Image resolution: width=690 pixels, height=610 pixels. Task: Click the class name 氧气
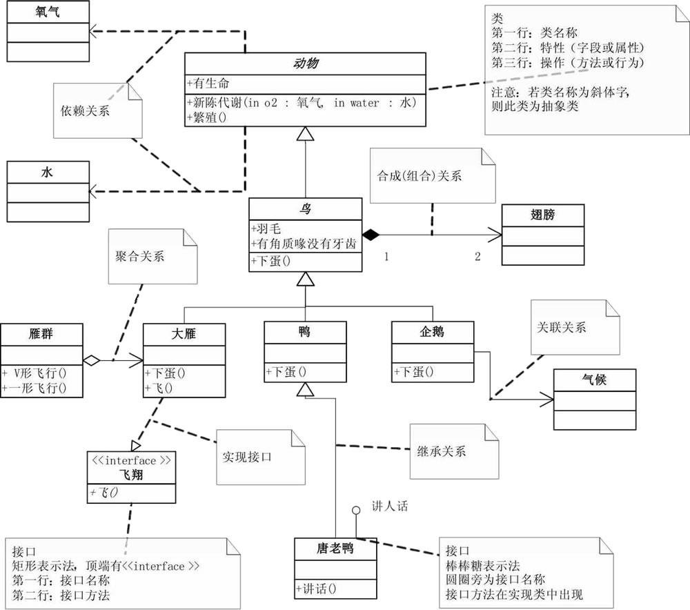pyautogui.click(x=48, y=12)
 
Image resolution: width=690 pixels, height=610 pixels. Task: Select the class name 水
pyautogui.click(x=48, y=173)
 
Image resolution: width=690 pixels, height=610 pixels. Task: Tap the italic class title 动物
pyautogui.click(x=305, y=63)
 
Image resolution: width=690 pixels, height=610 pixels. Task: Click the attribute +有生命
pyautogui.click(x=210, y=83)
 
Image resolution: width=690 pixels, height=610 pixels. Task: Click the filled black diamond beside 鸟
pyautogui.click(x=372, y=235)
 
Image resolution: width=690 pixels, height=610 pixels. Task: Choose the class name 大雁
pyautogui.click(x=184, y=333)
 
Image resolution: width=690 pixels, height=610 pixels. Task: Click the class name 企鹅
pyautogui.click(x=433, y=333)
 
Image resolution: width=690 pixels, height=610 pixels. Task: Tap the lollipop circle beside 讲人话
pyautogui.click(x=356, y=511)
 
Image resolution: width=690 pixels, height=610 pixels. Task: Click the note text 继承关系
pyautogui.click(x=442, y=452)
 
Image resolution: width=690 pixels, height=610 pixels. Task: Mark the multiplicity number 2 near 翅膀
pyautogui.click(x=477, y=257)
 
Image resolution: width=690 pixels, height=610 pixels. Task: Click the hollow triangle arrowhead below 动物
pyautogui.click(x=305, y=135)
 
